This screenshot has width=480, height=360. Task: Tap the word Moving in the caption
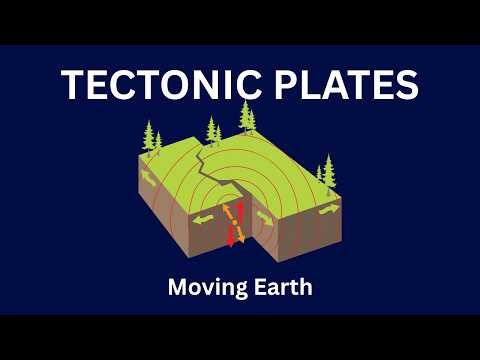click(x=200, y=288)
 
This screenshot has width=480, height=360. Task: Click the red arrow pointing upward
click(x=240, y=209)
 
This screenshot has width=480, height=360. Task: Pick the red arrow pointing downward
click(x=232, y=236)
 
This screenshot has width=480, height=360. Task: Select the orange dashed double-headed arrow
click(x=236, y=222)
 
